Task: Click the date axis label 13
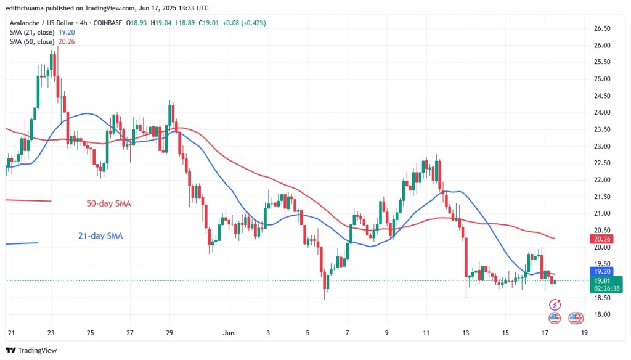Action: (465, 333)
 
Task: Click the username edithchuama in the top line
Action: (25, 7)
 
